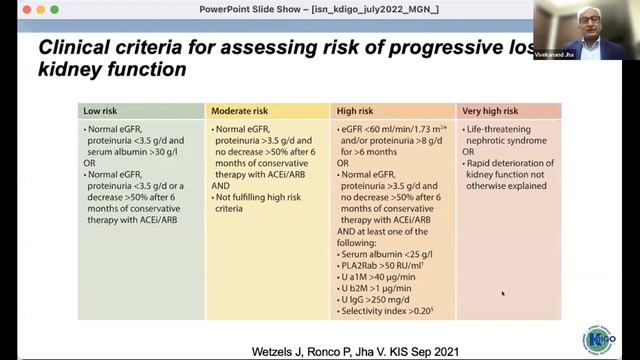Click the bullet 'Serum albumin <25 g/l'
[384, 255]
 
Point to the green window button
[41, 9]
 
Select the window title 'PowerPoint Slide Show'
[250, 9]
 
